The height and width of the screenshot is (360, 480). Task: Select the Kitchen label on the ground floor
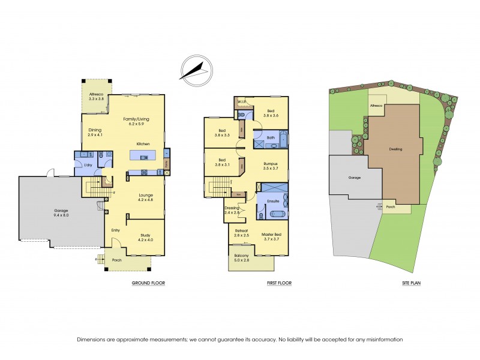coord(143,144)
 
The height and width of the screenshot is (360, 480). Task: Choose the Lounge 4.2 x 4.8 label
coord(146,197)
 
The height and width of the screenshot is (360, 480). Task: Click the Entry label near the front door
coord(116,229)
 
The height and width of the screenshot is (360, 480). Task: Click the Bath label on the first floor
coord(271,138)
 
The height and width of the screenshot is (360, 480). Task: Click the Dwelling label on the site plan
coord(395,149)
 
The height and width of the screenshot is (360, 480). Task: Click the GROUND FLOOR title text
coord(148,283)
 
